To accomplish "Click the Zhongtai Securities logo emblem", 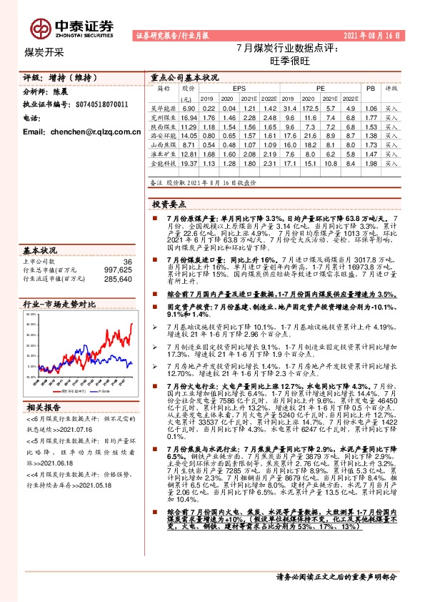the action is [x=41, y=27].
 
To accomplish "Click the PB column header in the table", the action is [x=370, y=88].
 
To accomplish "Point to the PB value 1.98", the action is [x=370, y=164].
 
